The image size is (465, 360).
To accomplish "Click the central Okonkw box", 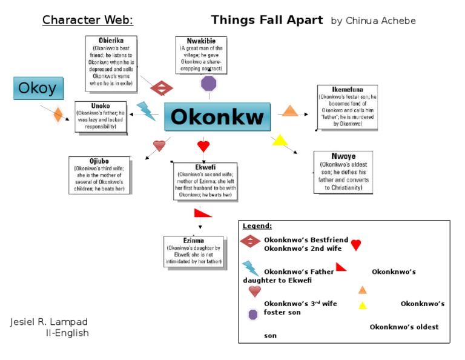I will [x=217, y=117].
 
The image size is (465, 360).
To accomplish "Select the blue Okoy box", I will [x=38, y=88].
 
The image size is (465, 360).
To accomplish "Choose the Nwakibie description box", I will [x=201, y=55].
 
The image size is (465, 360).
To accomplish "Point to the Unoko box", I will [x=101, y=116].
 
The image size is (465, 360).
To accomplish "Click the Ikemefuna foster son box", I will [x=347, y=107].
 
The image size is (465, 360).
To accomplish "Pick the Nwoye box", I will [x=343, y=172].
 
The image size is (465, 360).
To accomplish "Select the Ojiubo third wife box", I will [x=99, y=175].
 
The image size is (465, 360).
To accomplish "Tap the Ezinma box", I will [x=193, y=252].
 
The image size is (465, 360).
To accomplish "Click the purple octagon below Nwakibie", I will [x=208, y=83].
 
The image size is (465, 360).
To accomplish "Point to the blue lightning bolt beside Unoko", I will [x=146, y=111].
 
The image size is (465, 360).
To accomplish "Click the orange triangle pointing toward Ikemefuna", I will [x=290, y=111].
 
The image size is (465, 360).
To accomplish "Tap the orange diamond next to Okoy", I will [x=58, y=114].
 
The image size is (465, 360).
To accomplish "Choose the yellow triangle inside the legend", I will [x=362, y=305].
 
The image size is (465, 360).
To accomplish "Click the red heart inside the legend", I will [x=356, y=245].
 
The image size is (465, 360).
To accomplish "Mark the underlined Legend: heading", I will [x=257, y=226].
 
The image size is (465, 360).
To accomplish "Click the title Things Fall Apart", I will [x=266, y=20].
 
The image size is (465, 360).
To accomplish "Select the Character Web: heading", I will [x=88, y=21].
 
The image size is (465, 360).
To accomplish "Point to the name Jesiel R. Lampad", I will [x=49, y=321].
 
